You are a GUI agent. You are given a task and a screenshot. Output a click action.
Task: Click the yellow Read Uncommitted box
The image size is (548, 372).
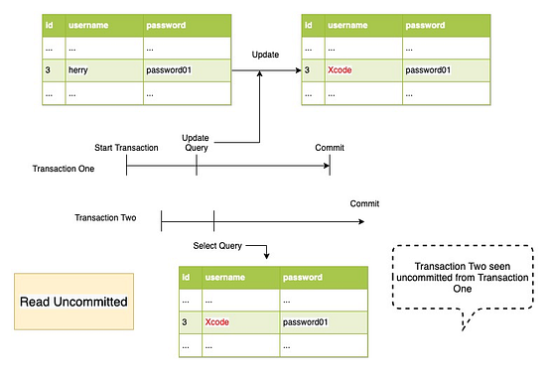[x=66, y=300]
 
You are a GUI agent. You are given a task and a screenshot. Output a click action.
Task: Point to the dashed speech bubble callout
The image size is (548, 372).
[x=463, y=276]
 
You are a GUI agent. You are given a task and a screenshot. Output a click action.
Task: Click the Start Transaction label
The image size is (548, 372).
[x=126, y=147]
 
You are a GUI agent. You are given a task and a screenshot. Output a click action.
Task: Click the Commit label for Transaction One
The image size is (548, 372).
[x=330, y=147]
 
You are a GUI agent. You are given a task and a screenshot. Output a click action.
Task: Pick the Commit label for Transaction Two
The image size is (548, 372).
[x=364, y=203]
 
